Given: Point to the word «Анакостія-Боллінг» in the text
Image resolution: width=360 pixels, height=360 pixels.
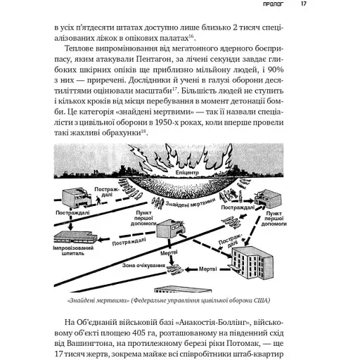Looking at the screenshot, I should point(199,322).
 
